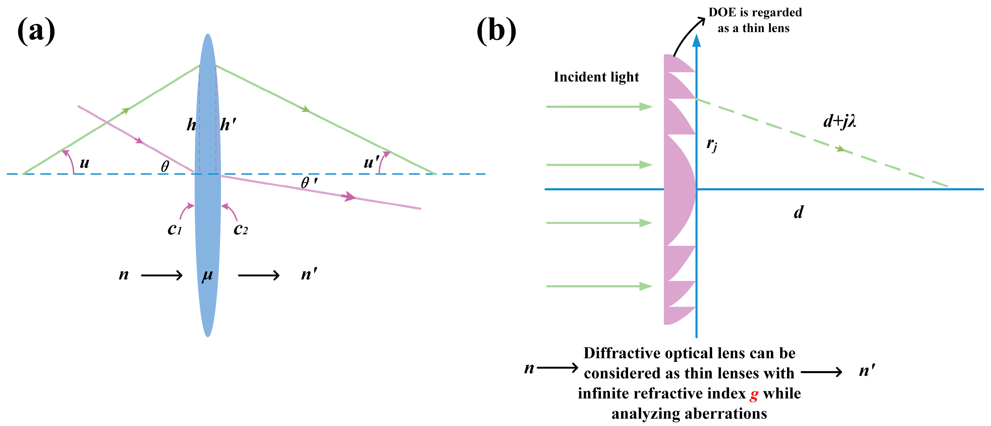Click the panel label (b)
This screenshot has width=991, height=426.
point(496,31)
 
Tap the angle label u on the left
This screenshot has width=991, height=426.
point(84,163)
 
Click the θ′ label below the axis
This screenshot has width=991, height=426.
point(309,183)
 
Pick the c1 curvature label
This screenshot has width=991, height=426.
point(174,229)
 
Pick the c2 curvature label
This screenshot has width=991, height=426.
point(240,229)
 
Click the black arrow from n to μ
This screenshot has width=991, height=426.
point(162,275)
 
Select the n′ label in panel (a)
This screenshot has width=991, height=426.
point(309,274)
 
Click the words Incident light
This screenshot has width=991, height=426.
point(596,77)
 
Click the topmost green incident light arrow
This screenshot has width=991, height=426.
point(599,106)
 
